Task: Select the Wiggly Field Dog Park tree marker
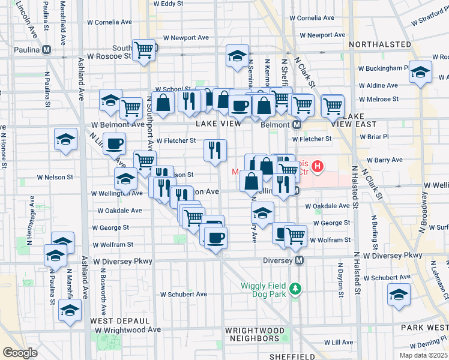coord(295,289)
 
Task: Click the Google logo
coord(20,352)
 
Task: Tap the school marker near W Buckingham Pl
coord(420,73)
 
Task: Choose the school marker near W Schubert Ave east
coord(398,295)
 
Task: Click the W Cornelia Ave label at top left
coord(109,22)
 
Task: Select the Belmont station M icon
coord(296,125)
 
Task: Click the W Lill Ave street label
coord(339,342)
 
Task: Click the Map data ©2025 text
coord(424,355)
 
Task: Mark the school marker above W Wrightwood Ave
coord(70,311)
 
